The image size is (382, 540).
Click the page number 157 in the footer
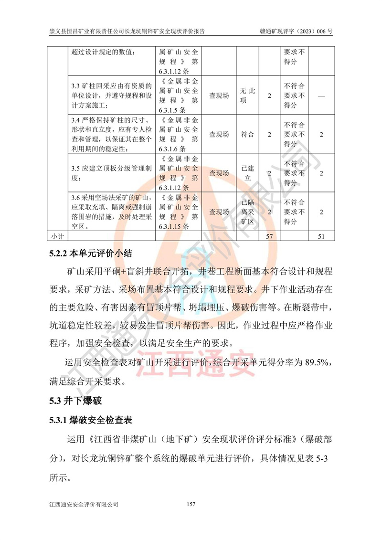191,504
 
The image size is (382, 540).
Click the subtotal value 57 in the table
269,236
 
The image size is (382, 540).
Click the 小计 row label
57,236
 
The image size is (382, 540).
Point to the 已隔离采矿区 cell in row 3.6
247,212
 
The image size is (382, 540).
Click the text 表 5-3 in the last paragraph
322,460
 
